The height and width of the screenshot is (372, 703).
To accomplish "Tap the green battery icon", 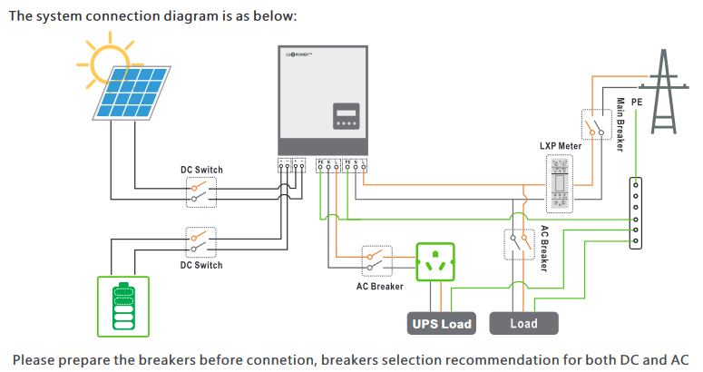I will tap(122, 306).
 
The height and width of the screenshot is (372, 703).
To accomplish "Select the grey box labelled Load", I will tap(523, 323).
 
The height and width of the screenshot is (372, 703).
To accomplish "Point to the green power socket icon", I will tap(439, 264).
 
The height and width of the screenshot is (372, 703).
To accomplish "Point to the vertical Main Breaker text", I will tap(620, 122).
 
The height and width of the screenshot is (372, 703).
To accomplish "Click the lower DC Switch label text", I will tap(200, 265).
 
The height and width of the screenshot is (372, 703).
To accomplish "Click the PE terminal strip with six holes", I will tap(636, 212).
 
